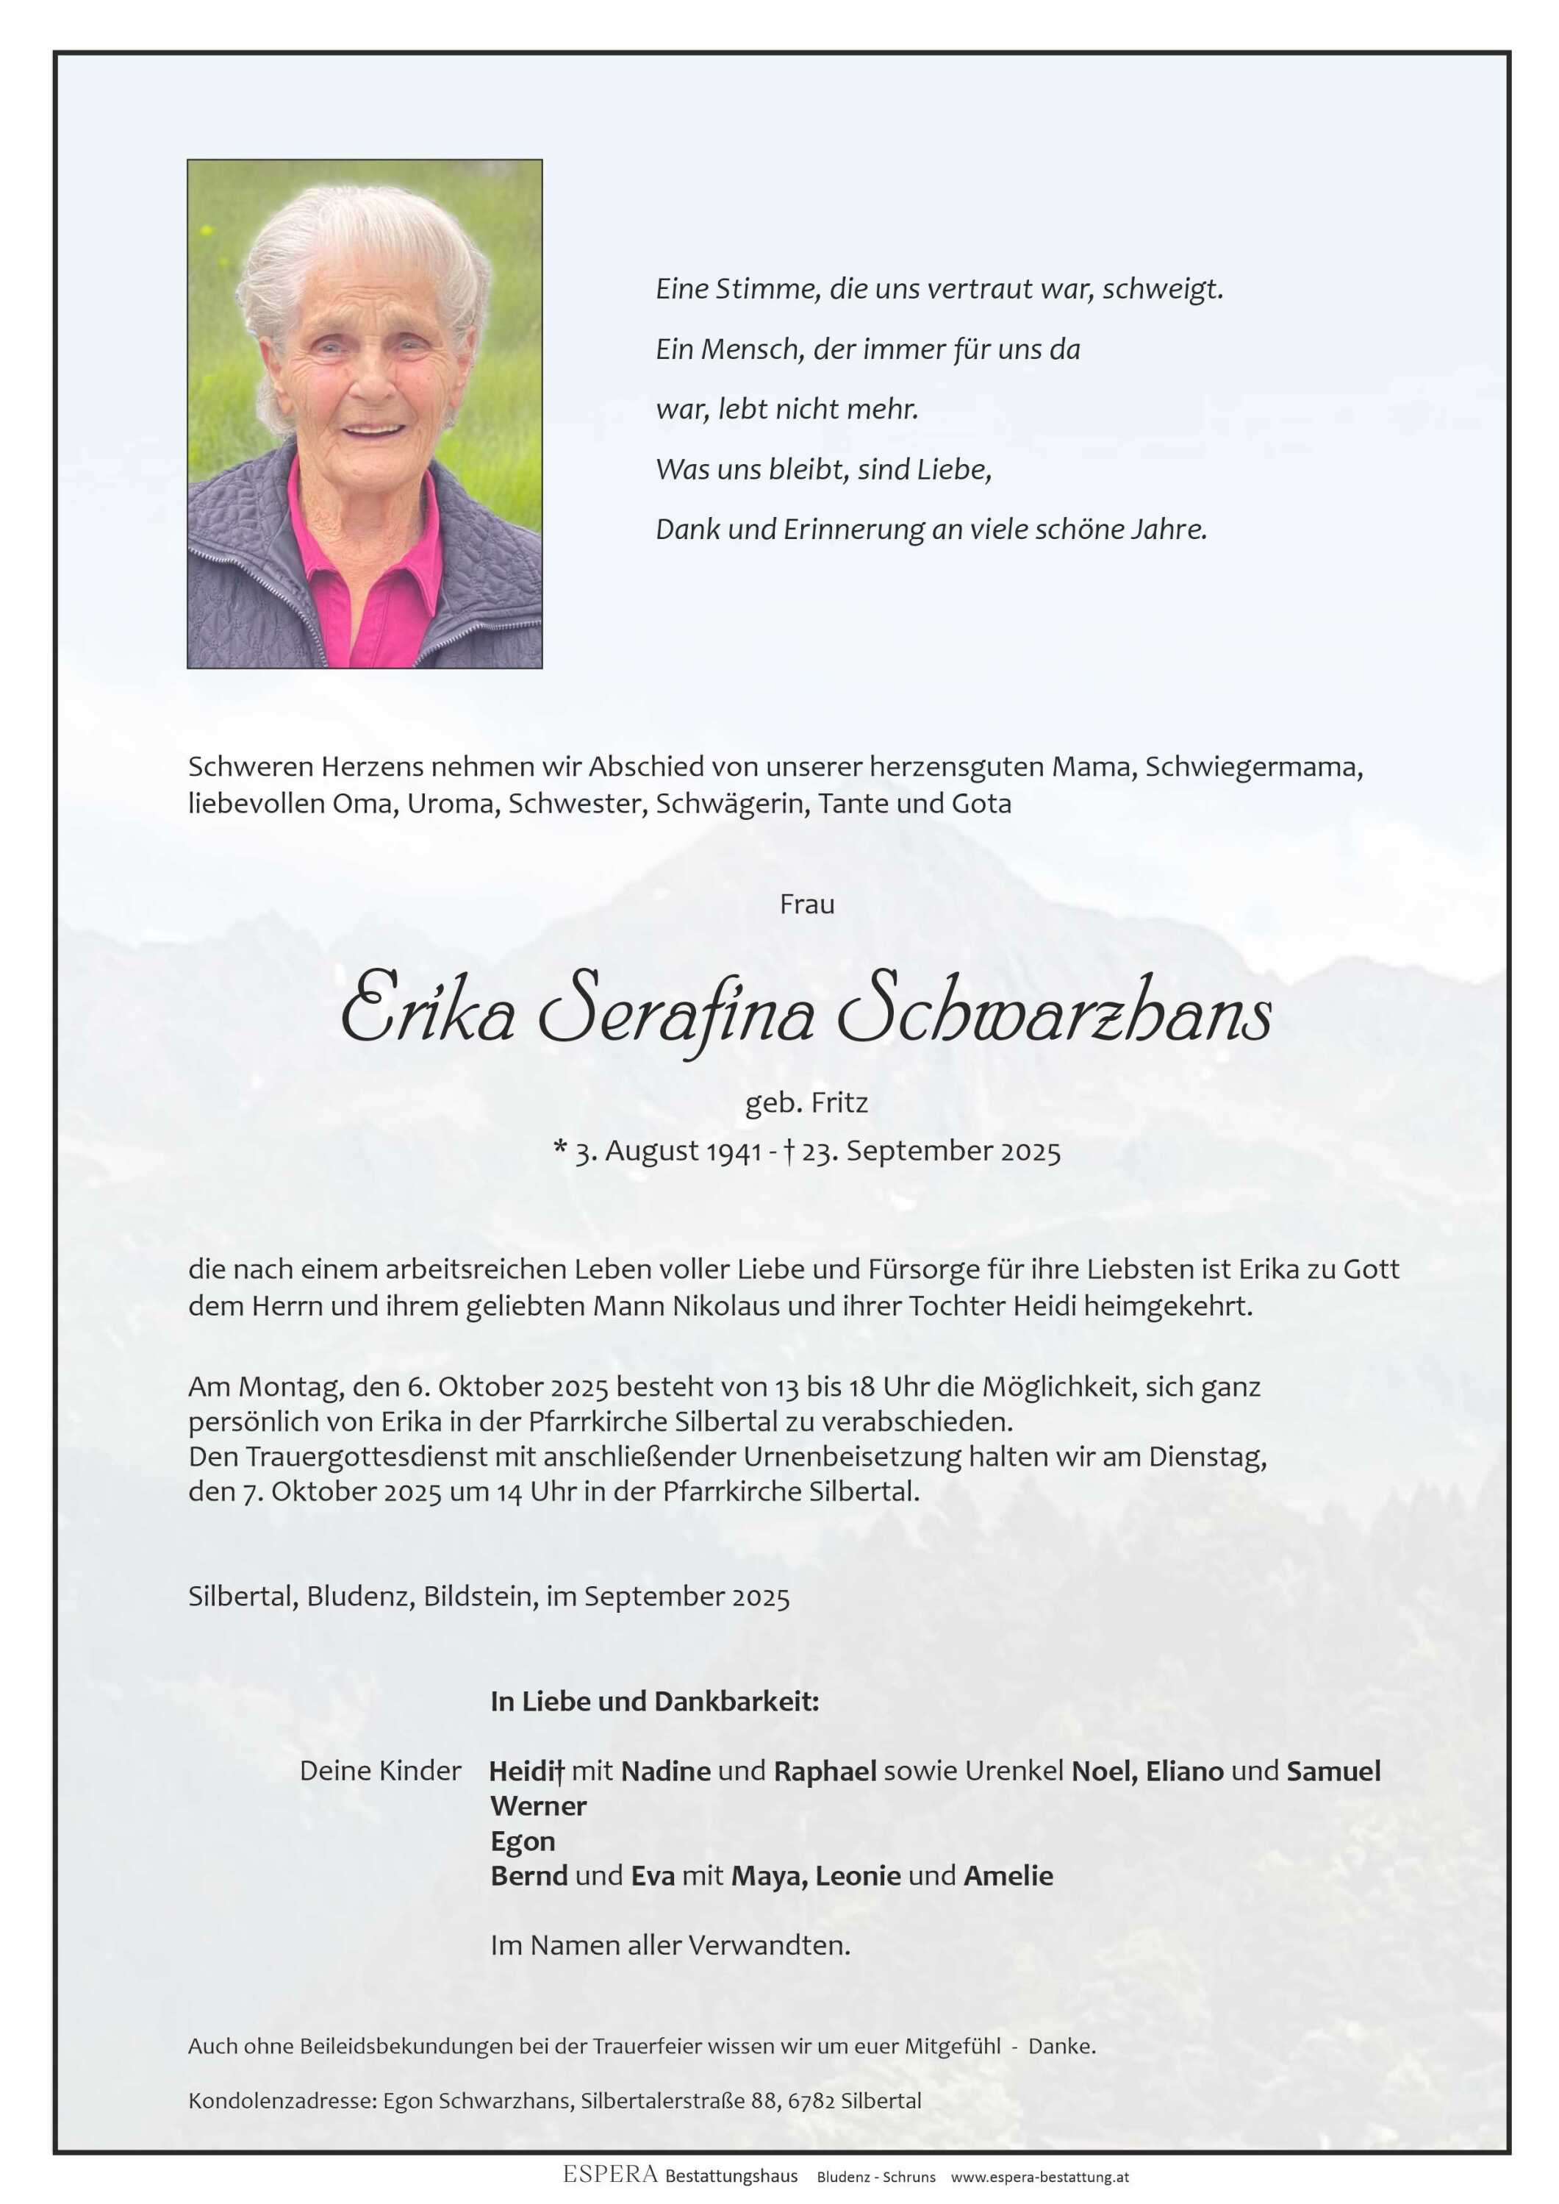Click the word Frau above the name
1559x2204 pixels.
[x=806, y=905]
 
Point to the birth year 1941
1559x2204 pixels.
[x=734, y=1152]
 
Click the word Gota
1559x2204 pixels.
[x=981, y=804]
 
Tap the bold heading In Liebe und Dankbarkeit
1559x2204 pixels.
[x=655, y=1702]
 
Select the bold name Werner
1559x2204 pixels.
[x=539, y=1806]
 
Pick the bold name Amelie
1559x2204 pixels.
[x=1008, y=1875]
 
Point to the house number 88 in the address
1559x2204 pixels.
[x=764, y=2100]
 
